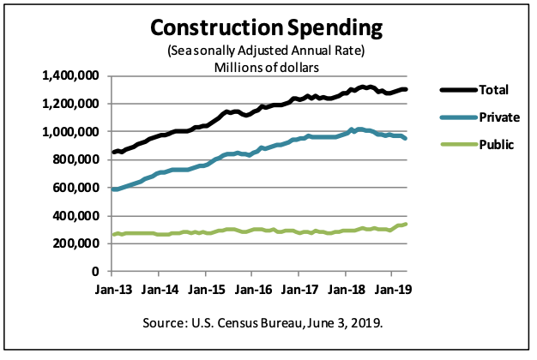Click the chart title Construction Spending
pos(265,27)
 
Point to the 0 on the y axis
pos(97,271)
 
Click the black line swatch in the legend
pos(454,89)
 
